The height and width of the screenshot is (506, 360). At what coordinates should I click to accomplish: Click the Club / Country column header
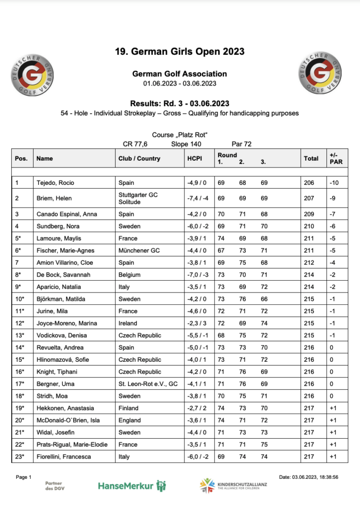click(139, 159)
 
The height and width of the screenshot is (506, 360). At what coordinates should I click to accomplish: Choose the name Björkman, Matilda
click(60, 299)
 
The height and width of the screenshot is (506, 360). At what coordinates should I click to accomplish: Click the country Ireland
click(128, 323)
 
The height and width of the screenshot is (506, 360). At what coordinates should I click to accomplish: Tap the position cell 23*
click(20, 457)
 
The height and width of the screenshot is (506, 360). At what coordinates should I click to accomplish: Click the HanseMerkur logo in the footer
click(132, 485)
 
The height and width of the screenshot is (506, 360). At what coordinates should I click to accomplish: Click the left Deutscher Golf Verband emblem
click(33, 75)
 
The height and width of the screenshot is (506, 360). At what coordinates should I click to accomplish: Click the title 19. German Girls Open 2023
click(180, 51)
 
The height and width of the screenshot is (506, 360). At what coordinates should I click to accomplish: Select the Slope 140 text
click(186, 144)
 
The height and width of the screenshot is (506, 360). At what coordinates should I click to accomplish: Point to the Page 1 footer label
click(24, 477)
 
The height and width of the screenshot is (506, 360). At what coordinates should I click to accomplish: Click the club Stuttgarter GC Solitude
click(138, 198)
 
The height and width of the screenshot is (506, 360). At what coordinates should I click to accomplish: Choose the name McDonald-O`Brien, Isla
click(67, 420)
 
